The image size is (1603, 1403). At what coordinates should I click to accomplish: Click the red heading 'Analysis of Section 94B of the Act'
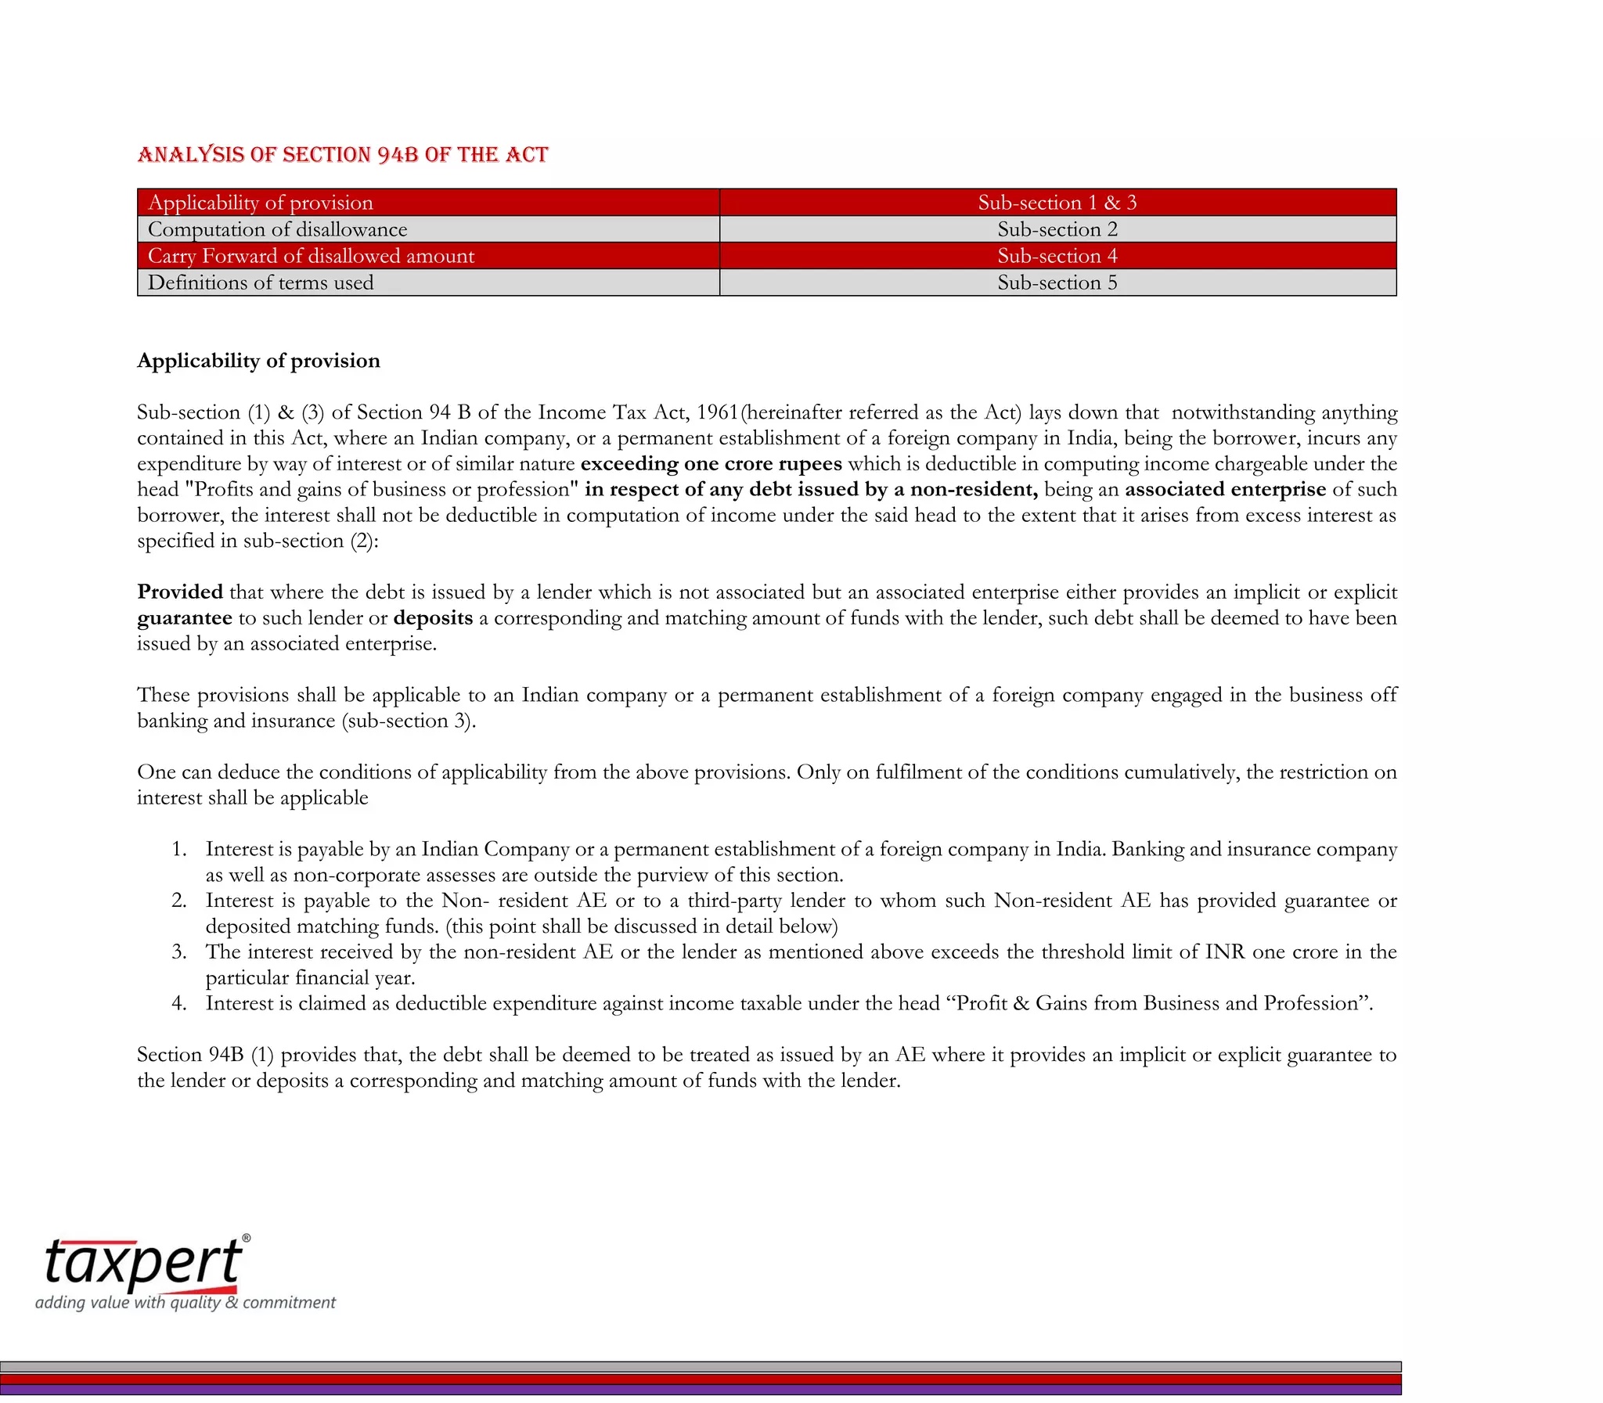pyautogui.click(x=342, y=154)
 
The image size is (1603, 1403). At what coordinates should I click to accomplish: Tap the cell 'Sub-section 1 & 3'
pyautogui.click(x=1057, y=203)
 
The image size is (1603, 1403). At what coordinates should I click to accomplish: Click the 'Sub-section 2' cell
pyautogui.click(x=1057, y=229)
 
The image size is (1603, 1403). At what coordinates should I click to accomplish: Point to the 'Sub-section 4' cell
pyautogui.click(x=1057, y=256)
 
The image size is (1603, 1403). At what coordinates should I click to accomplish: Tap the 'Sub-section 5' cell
pyautogui.click(x=1057, y=282)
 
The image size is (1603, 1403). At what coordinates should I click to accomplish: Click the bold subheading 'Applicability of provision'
pyautogui.click(x=258, y=360)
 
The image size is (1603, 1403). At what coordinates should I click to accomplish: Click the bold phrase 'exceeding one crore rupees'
pyautogui.click(x=711, y=463)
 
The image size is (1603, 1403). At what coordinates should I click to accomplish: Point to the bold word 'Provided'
pyautogui.click(x=180, y=592)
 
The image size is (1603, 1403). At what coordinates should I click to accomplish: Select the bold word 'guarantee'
pyautogui.click(x=185, y=617)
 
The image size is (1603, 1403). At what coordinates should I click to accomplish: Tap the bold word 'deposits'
pyautogui.click(x=433, y=617)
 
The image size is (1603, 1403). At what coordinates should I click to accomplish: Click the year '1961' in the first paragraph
pyautogui.click(x=717, y=412)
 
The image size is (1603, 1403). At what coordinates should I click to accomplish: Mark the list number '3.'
pyautogui.click(x=179, y=952)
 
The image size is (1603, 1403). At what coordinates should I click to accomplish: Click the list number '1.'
pyautogui.click(x=179, y=850)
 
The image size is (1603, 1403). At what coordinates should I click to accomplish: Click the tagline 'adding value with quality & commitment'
pyautogui.click(x=186, y=1303)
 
